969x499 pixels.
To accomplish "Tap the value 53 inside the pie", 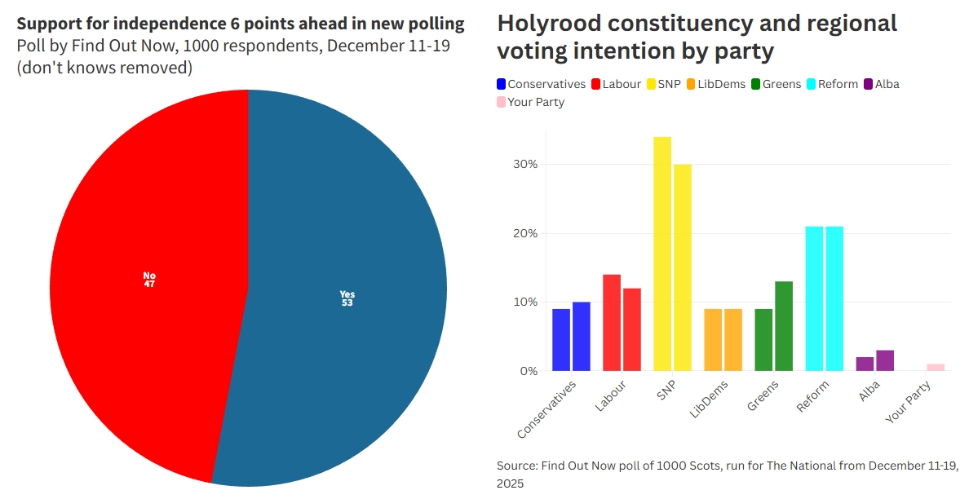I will point(347,302).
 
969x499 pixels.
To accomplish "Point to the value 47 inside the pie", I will point(149,284).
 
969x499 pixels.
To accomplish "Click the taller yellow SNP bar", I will point(662,254).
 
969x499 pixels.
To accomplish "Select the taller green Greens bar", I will point(784,326).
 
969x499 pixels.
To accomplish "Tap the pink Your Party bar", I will point(936,368).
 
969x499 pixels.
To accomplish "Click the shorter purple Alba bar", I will point(865,364).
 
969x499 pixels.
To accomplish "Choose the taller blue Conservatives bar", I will point(582,336).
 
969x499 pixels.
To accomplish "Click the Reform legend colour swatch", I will point(812,84).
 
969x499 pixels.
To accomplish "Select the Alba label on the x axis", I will point(869,391).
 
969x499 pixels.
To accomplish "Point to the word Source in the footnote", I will point(516,466).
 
